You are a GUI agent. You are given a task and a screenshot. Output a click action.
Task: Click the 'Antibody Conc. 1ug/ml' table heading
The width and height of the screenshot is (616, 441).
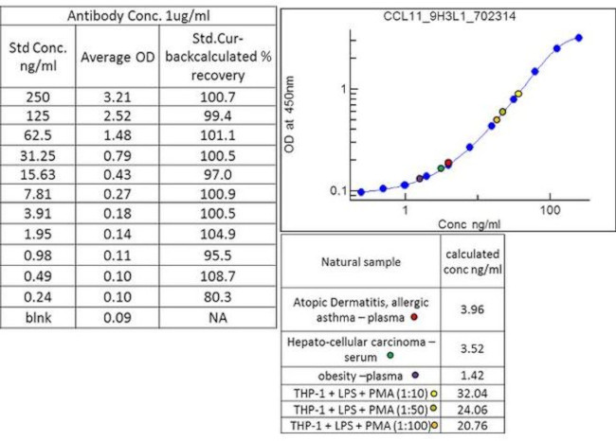[139, 16]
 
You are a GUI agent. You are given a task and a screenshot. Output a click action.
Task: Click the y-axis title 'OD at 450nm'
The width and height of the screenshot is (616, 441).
[302, 115]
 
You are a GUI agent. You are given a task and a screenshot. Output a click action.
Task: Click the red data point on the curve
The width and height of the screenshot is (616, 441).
[448, 163]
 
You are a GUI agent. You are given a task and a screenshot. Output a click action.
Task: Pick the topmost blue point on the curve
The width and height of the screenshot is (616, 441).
[579, 38]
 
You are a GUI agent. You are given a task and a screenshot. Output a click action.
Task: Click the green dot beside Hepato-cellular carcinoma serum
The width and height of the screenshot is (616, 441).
[390, 356]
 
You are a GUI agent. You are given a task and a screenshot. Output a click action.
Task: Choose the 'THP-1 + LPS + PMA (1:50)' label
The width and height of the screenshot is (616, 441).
[354, 409]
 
